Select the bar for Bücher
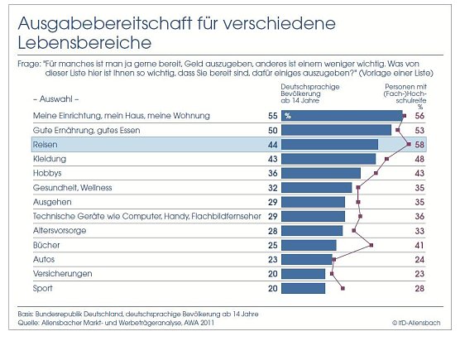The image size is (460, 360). click(x=309, y=245)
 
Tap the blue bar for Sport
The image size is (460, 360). click(x=304, y=288)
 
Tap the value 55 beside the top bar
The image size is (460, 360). click(x=271, y=115)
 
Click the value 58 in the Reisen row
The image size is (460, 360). click(x=420, y=144)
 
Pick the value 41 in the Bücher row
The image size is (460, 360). click(x=420, y=245)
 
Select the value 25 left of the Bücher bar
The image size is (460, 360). click(x=271, y=245)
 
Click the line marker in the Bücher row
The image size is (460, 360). click(x=371, y=245)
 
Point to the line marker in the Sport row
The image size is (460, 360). click(x=343, y=288)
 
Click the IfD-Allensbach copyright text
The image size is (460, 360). click(x=418, y=321)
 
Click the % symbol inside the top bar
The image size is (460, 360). click(x=288, y=116)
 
